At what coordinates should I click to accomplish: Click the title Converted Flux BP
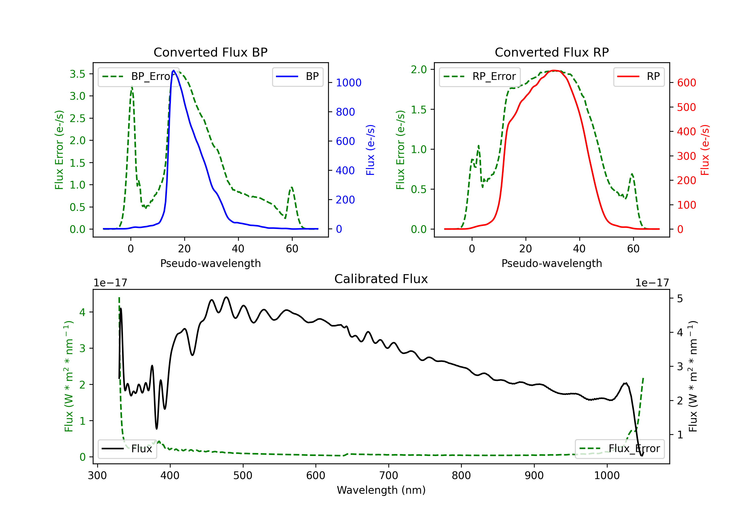211,52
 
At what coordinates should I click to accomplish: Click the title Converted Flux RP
552,52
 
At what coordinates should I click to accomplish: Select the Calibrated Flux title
381,279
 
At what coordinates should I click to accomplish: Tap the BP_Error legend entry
138,76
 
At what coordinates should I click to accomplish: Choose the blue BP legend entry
297,76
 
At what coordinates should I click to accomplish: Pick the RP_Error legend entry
480,76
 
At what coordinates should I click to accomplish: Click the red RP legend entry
639,76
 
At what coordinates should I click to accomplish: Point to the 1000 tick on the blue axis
349,83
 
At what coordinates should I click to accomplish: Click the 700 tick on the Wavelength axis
389,475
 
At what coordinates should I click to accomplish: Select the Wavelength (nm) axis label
381,490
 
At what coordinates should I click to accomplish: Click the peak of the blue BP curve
174,70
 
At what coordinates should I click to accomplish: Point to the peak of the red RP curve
555,70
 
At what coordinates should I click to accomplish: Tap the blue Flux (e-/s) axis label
370,150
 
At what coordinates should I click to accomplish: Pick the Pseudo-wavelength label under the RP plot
552,263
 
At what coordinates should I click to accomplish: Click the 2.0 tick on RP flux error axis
419,69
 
